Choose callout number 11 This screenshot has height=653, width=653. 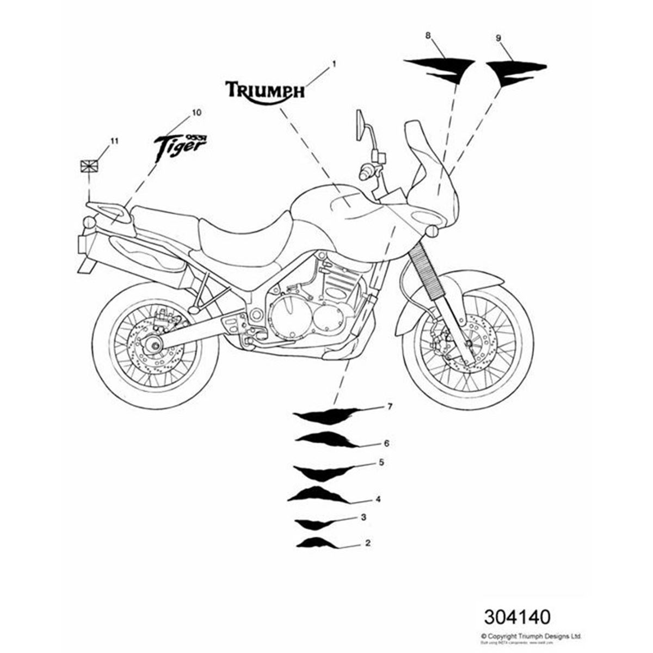click(x=114, y=141)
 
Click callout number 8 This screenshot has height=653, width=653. click(x=428, y=35)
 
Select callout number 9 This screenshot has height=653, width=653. click(x=498, y=38)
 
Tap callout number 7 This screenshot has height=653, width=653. click(x=390, y=406)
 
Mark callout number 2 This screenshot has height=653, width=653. click(x=368, y=543)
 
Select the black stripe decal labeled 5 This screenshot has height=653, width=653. click(x=321, y=471)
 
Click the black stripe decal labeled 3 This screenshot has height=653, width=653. click(x=312, y=523)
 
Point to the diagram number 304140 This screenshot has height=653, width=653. click(x=517, y=617)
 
